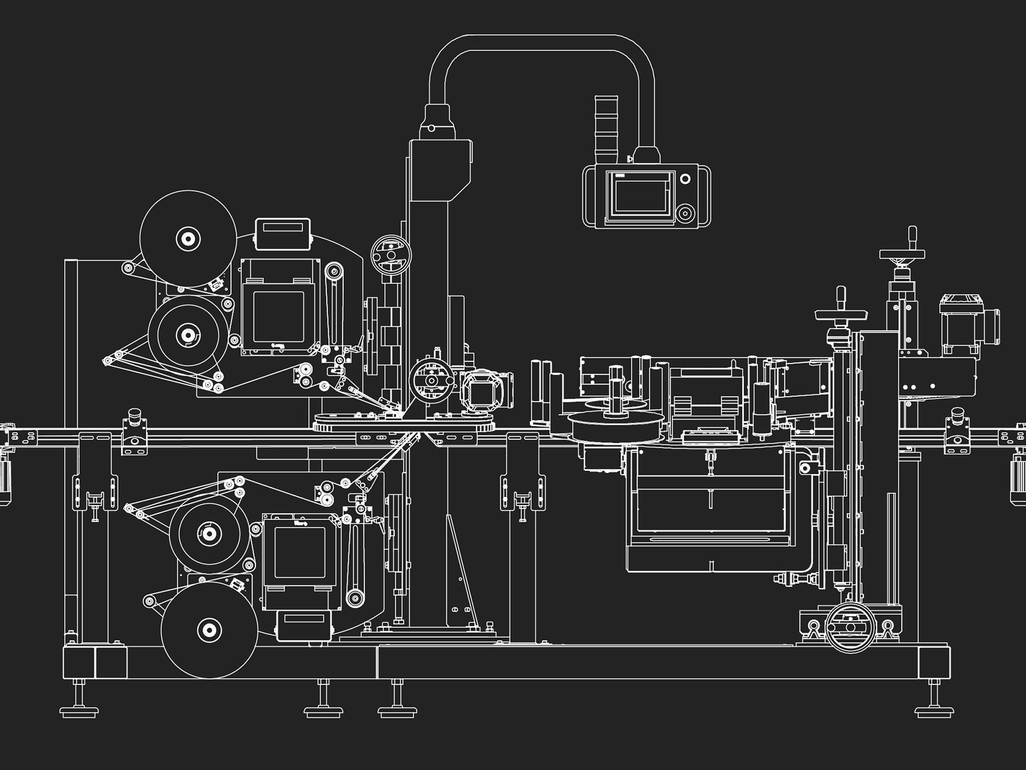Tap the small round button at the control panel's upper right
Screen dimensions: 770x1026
(685, 179)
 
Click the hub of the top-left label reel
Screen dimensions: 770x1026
(188, 239)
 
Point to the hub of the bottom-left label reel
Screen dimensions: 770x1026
(209, 630)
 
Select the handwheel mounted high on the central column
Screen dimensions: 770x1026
(391, 255)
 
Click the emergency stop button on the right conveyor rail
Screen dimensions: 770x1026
(958, 415)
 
